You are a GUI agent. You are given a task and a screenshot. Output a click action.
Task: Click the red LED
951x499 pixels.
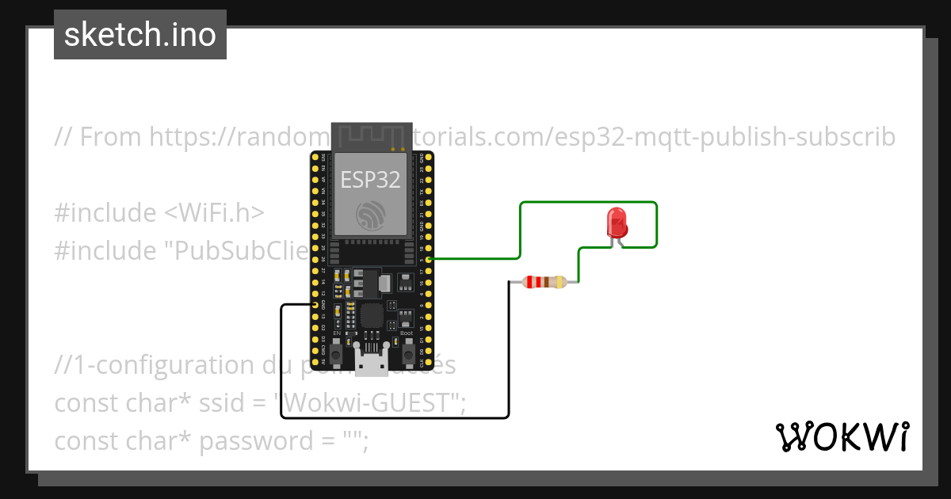(617, 223)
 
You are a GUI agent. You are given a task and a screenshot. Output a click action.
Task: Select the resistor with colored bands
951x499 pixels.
(544, 282)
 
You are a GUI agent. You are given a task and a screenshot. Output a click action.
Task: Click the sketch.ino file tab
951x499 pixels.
(140, 35)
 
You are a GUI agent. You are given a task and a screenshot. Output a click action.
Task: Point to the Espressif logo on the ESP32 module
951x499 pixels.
(371, 216)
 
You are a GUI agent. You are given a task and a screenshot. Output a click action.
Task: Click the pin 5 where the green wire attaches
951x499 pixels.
(429, 259)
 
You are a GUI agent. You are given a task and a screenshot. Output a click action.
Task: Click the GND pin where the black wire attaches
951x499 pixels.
(315, 304)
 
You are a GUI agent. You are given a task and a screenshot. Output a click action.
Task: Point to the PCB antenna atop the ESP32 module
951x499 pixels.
(371, 136)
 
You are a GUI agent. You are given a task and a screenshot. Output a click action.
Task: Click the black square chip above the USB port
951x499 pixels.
(370, 316)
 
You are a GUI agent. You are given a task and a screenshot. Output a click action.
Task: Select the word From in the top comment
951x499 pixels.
(112, 137)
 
